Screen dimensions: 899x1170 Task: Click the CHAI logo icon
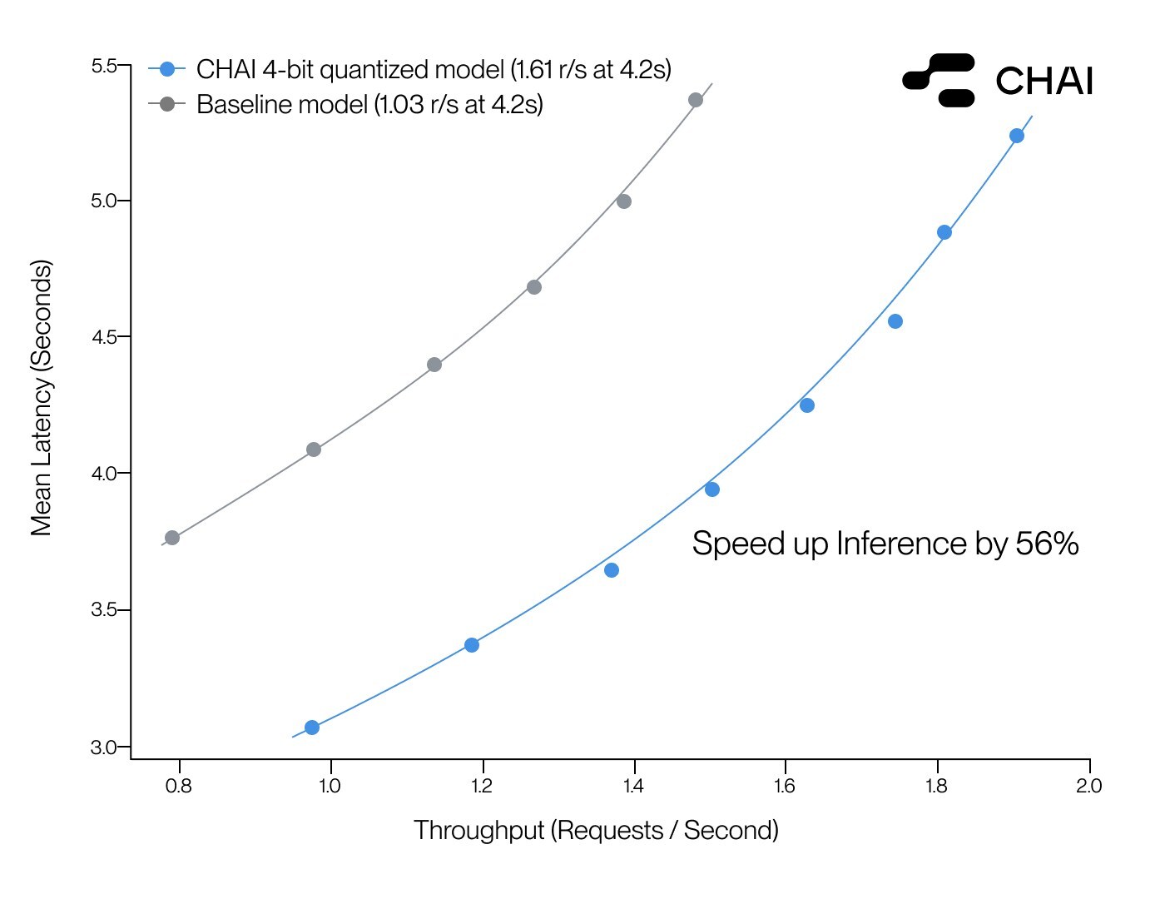[x=939, y=80]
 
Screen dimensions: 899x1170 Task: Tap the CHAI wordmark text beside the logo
[x=1044, y=82]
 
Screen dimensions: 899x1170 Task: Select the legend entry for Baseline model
[x=369, y=105]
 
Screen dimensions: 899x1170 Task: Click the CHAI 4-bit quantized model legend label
[x=434, y=69]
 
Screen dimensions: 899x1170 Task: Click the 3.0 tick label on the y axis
[x=104, y=748]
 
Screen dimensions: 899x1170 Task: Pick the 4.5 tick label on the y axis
[x=104, y=337]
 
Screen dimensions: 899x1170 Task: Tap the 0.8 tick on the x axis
[x=178, y=786]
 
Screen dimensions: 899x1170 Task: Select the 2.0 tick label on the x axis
[x=1088, y=786]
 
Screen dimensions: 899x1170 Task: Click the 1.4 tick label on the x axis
[x=633, y=786]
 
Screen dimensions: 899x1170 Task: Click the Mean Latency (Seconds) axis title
[x=42, y=398]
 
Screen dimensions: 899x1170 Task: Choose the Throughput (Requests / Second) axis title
[x=596, y=830]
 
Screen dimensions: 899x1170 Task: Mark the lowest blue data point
[x=312, y=728]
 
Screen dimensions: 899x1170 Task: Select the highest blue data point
[x=1016, y=136]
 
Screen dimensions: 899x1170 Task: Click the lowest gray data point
[x=172, y=538]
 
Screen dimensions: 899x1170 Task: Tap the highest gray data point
[x=696, y=100]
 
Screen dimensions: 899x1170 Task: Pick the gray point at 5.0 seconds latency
[x=624, y=201]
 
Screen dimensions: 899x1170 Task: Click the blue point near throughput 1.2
[x=472, y=645]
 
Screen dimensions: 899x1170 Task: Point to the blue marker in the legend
[x=167, y=69]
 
